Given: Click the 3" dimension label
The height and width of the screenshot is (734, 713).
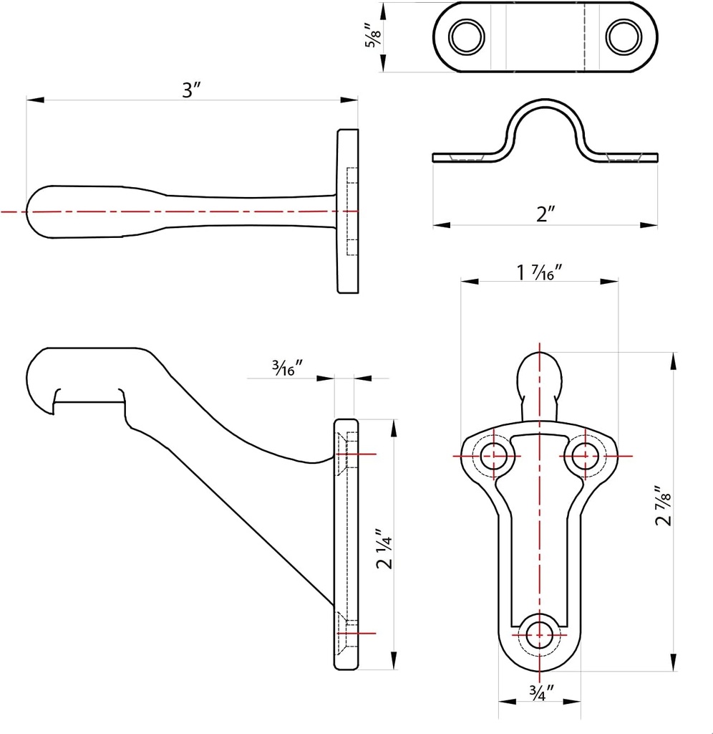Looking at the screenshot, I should tap(191, 90).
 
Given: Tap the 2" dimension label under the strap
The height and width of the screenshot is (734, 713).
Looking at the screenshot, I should tap(545, 214).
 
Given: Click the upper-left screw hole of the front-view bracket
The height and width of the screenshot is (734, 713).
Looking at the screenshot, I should tap(493, 456).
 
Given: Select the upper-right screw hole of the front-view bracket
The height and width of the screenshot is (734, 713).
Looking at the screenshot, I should tap(586, 456).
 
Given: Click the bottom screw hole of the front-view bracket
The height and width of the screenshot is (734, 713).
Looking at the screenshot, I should tap(539, 634).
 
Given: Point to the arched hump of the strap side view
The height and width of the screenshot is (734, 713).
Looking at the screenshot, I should tap(545, 115).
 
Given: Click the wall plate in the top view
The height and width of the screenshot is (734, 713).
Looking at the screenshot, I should tap(348, 211).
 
